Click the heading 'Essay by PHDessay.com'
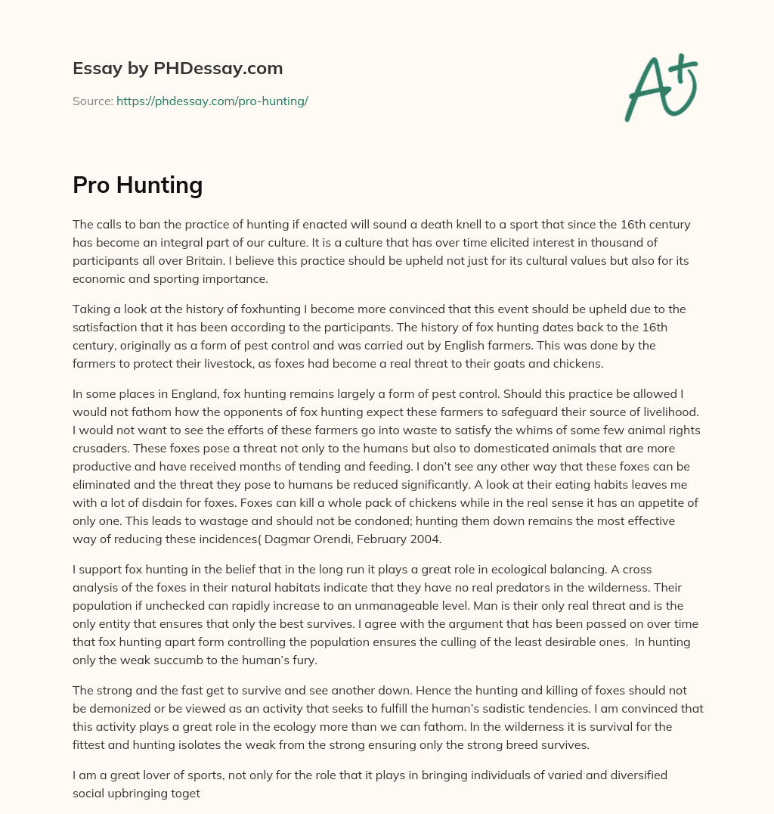point(178,69)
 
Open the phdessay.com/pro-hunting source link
point(212,101)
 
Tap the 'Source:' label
point(93,101)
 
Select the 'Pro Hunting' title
point(138,185)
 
